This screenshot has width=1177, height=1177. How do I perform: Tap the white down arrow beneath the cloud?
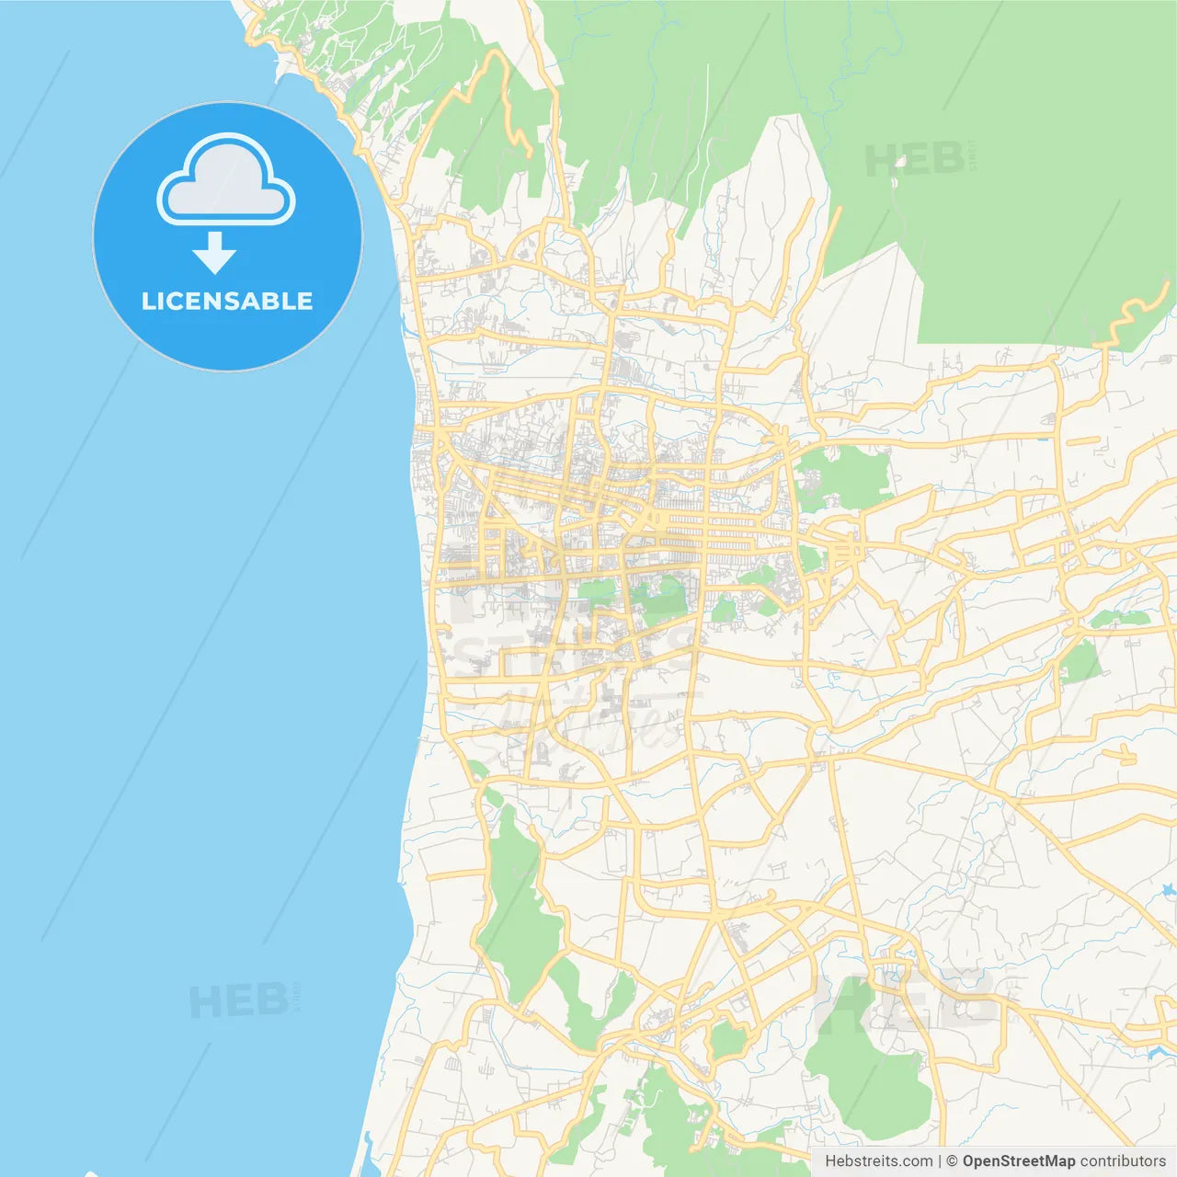point(215,252)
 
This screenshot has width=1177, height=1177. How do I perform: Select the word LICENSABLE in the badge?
point(227,301)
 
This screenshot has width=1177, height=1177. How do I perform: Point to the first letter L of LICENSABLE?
point(148,301)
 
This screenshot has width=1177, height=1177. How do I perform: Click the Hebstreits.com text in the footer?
point(878,1161)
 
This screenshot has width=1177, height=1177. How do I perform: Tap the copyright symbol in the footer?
point(953,1161)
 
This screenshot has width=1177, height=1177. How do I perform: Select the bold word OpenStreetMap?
point(1019,1161)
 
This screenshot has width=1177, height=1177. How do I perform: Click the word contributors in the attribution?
point(1122,1161)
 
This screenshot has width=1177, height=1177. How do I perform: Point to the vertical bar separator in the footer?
point(940,1161)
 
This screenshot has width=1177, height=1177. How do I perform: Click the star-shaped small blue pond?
point(1168,890)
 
